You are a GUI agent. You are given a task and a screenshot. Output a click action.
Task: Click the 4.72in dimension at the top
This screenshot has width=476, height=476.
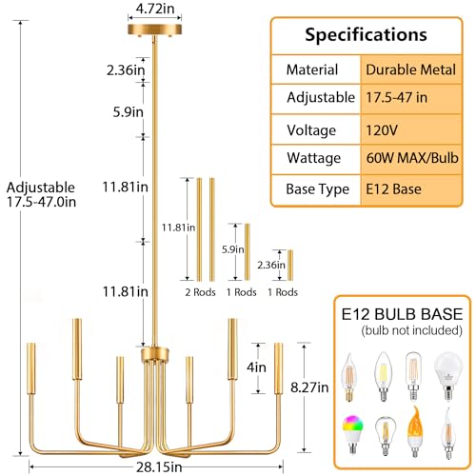coord(153,9)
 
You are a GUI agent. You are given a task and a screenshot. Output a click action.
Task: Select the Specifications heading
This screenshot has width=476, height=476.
coord(365,35)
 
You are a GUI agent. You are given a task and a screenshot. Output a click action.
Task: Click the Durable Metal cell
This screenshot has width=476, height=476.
coord(407,69)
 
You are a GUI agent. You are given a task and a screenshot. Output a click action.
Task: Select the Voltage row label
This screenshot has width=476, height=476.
coord(310,129)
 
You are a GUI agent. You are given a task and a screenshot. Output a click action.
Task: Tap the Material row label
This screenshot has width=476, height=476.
coord(312,69)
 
